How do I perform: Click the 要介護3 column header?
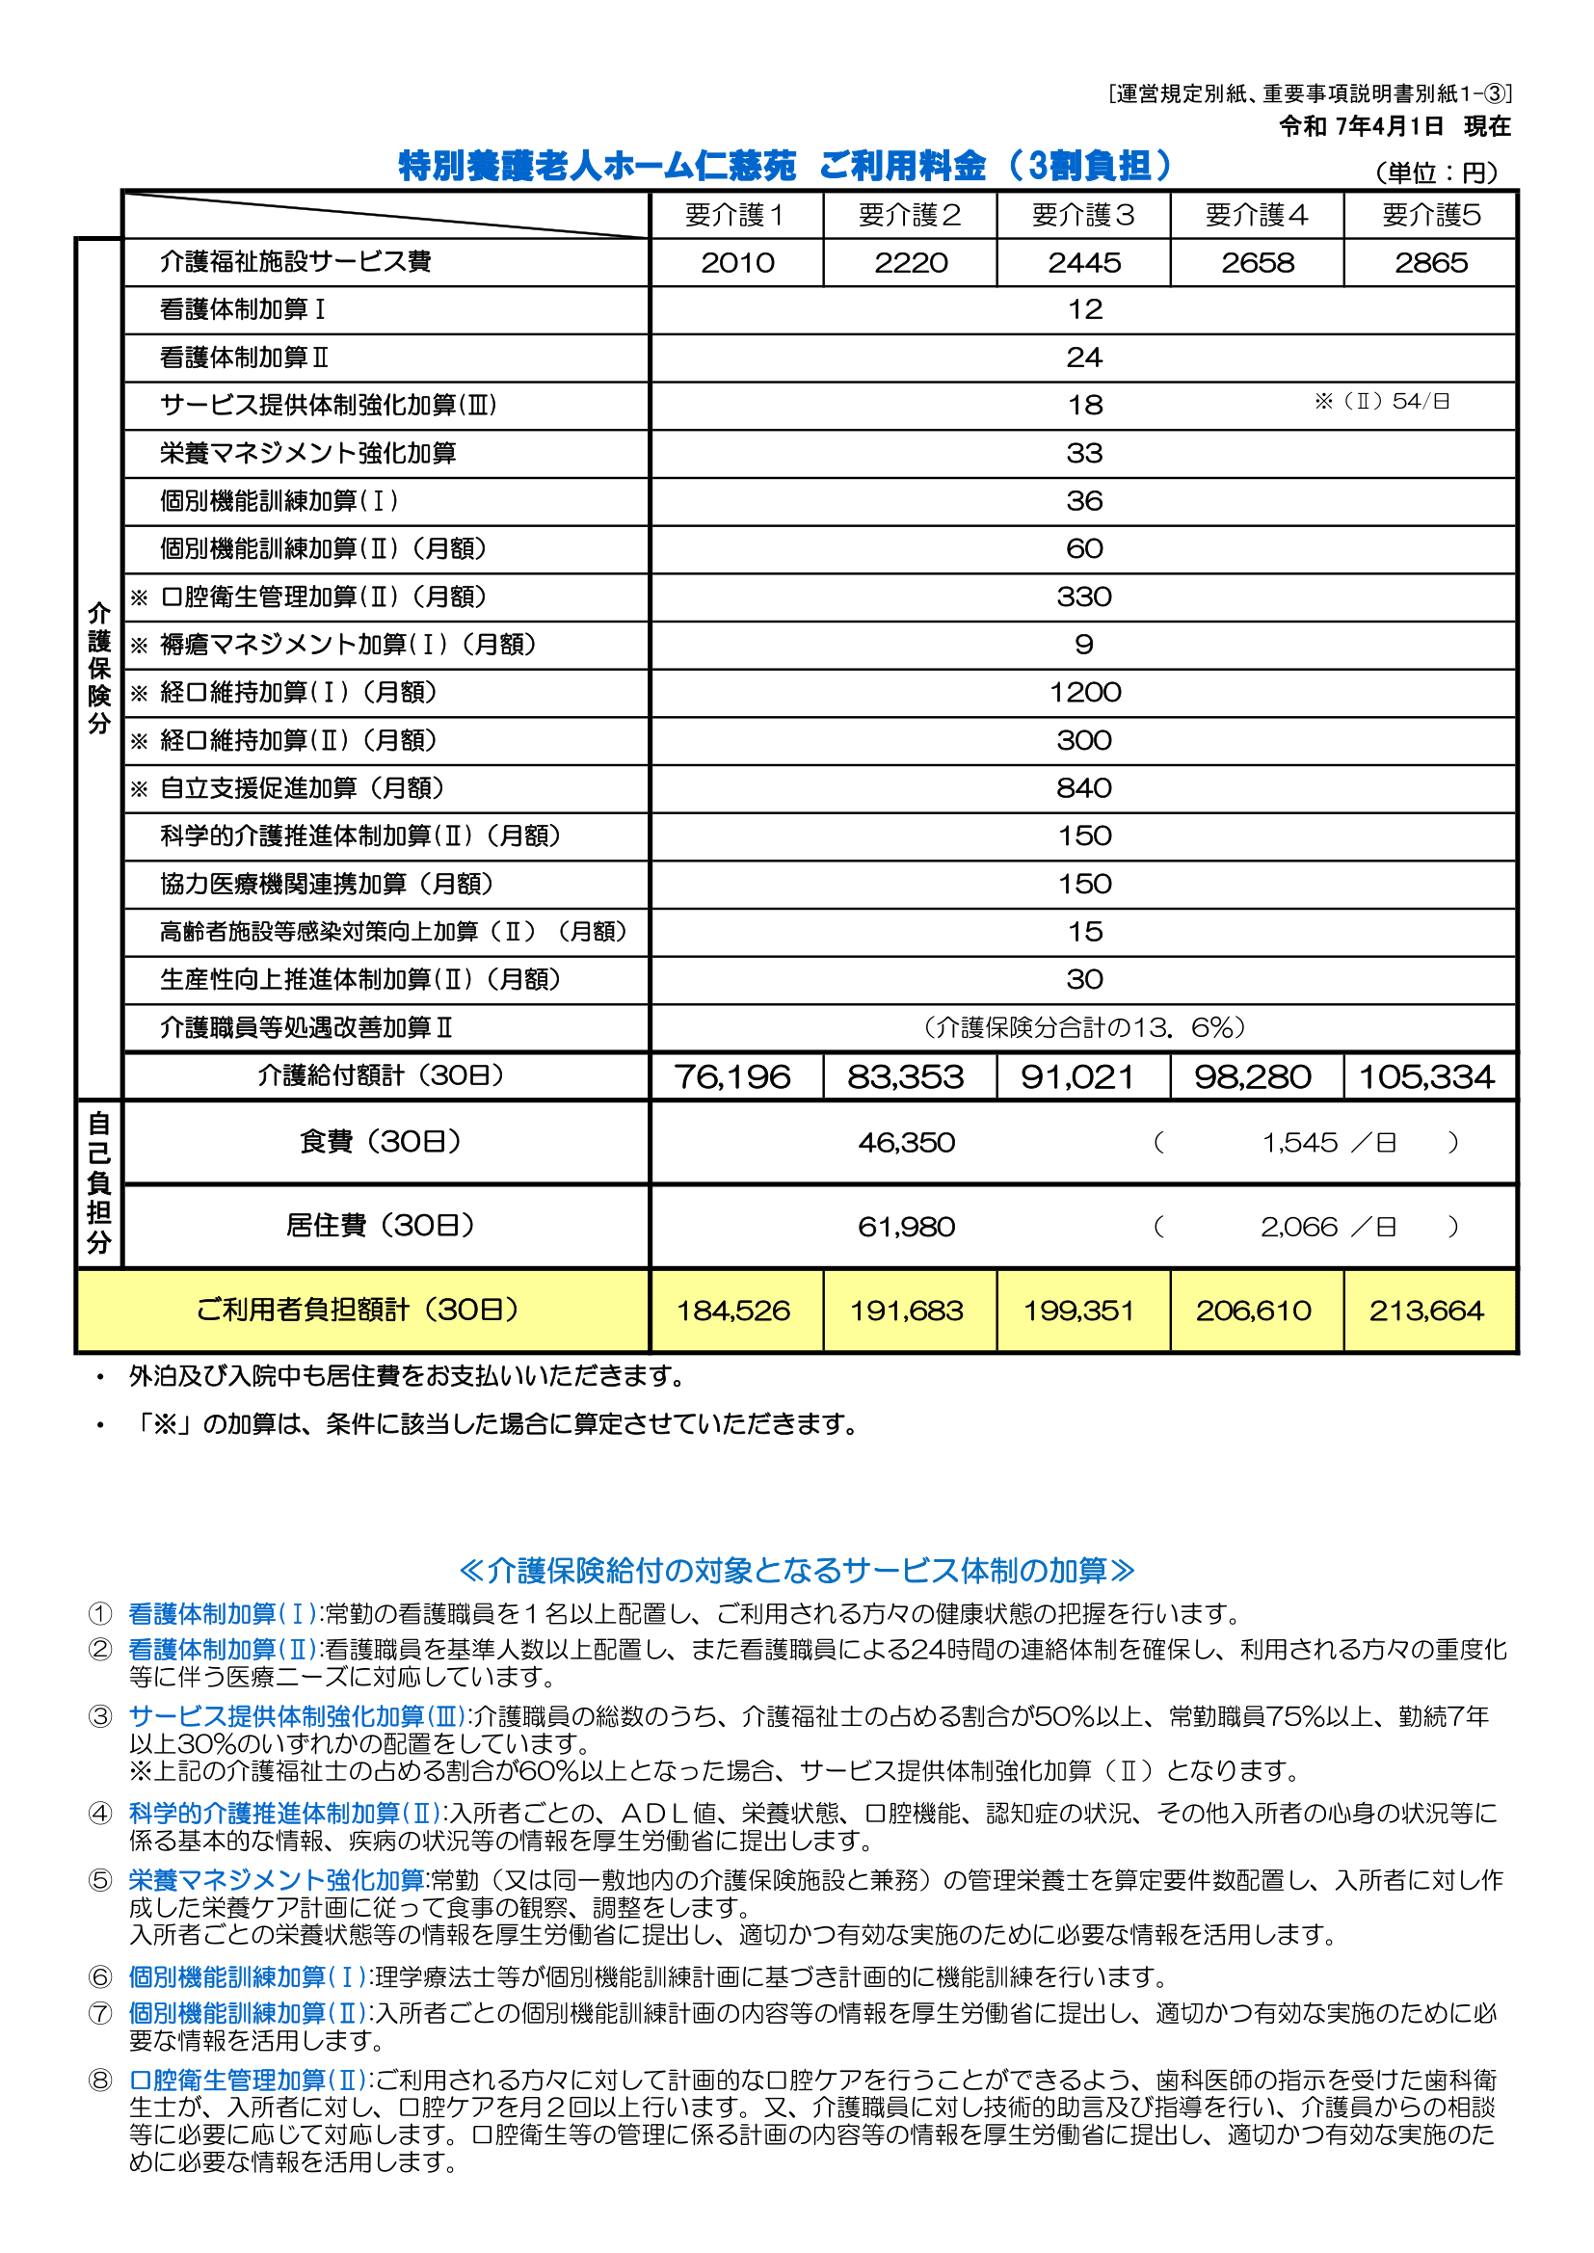(1082, 215)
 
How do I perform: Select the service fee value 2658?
(1257, 263)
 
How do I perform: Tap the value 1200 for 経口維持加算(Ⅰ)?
(1084, 693)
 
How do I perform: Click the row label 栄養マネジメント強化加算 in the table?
(307, 453)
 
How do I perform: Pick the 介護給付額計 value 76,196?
(732, 1077)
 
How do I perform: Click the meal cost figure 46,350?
(906, 1143)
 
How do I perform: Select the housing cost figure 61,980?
(906, 1228)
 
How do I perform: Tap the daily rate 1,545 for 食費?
(1299, 1143)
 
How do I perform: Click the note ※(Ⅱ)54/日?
(1382, 401)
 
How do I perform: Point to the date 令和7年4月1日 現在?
(1394, 126)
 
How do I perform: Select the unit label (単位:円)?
(1436, 172)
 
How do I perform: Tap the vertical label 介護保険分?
(99, 668)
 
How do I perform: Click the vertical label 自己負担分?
(99, 1182)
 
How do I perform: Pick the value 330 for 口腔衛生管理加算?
(1083, 596)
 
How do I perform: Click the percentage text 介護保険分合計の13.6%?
(1083, 1027)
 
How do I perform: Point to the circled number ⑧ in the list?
(100, 2081)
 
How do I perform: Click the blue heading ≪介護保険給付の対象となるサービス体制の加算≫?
(796, 1570)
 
